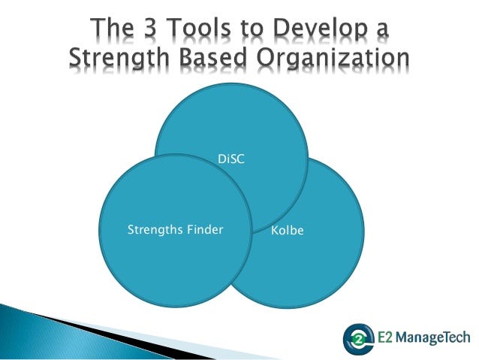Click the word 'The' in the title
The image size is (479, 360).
click(112, 28)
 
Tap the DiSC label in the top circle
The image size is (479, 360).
click(231, 159)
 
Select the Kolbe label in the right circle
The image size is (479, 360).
click(288, 230)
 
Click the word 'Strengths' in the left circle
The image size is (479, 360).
click(155, 230)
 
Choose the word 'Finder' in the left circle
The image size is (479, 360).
click(205, 229)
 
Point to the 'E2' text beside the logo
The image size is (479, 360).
click(385, 337)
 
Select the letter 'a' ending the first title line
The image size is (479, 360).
click(383, 31)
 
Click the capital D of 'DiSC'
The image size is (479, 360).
click(222, 159)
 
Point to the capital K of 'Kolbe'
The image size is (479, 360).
click(275, 230)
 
